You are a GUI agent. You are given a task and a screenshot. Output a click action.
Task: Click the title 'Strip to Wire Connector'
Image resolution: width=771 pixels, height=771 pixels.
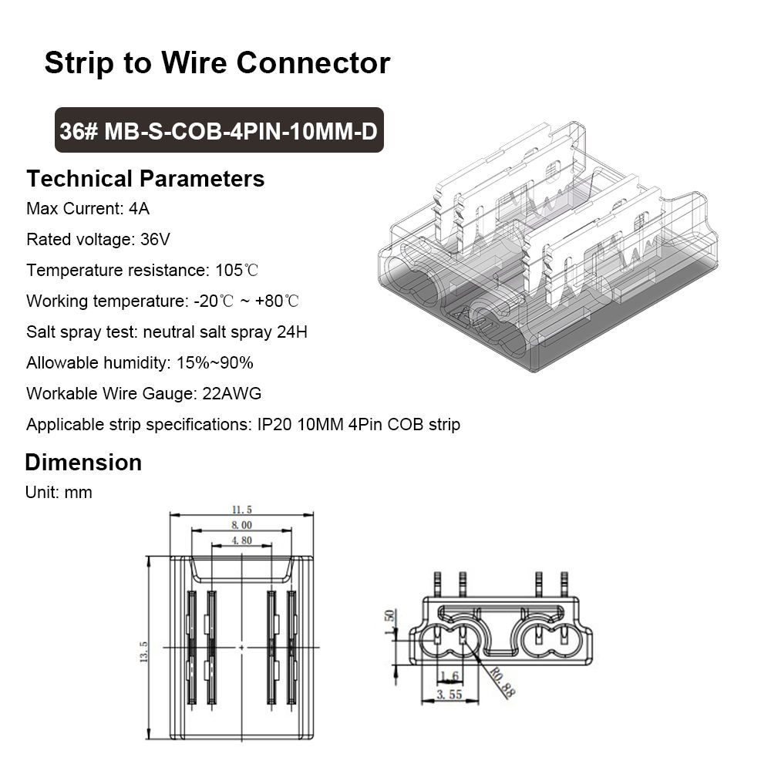pos(217,62)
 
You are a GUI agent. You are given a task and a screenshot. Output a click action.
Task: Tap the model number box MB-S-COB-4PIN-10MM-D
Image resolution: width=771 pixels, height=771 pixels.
pos(219,131)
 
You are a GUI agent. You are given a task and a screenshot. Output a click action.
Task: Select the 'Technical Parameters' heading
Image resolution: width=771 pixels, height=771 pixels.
pos(146,179)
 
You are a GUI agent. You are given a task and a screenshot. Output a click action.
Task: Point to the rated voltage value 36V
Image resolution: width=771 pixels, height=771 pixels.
pos(156,239)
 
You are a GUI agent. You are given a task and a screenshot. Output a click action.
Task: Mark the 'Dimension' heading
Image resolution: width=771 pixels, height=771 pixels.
pos(83,463)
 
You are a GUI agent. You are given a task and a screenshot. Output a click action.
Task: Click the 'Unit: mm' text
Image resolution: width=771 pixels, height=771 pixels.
pos(59,492)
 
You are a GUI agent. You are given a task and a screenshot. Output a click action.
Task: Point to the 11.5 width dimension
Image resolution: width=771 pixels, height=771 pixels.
pos(241,510)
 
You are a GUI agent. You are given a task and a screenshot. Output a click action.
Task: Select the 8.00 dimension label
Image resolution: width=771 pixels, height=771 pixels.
pos(241,525)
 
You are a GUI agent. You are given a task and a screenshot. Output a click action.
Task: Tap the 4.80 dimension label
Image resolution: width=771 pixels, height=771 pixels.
pos(242,541)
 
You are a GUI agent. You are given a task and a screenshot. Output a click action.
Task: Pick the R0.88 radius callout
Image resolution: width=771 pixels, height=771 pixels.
pos(501,682)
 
